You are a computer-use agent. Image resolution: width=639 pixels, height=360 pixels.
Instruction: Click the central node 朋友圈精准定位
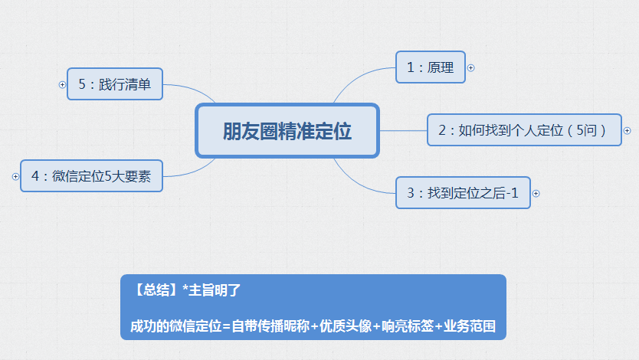coord(287,131)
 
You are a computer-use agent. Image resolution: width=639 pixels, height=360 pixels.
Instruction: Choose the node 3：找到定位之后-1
coord(463,193)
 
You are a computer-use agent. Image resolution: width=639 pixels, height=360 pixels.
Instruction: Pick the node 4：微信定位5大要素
coord(91,176)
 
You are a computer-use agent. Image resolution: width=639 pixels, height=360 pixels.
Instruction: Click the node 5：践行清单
coord(114,84)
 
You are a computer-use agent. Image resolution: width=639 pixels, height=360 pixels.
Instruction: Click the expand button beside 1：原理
coord(470,67)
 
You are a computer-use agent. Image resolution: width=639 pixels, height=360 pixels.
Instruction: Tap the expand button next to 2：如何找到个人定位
coord(628,131)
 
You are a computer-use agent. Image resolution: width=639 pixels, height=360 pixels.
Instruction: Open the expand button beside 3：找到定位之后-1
coord(536,193)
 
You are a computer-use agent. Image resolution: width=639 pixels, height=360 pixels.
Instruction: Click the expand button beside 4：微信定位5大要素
coord(15,176)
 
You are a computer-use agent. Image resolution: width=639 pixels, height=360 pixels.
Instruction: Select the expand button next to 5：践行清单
coord(62,84)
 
